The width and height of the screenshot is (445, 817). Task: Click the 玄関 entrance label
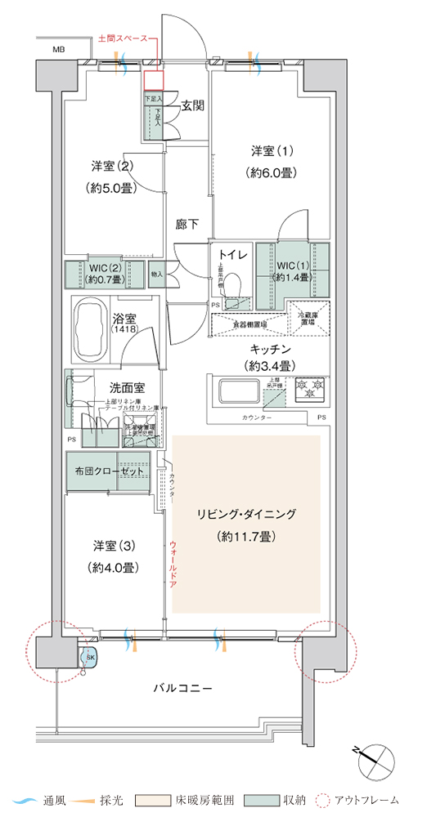[192, 105]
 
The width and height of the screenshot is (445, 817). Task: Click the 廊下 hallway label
[187, 224]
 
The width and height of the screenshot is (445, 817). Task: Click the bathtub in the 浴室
[91, 328]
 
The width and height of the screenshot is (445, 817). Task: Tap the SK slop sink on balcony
[88, 655]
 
